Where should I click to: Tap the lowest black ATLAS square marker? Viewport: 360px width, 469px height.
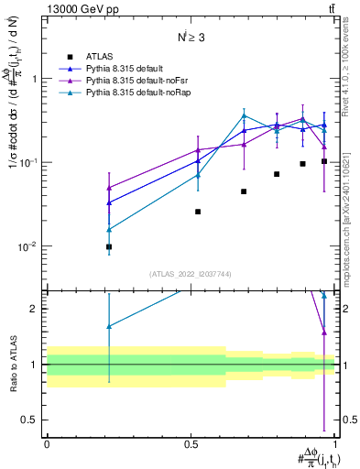[109, 246]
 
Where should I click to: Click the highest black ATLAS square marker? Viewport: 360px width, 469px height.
[324, 161]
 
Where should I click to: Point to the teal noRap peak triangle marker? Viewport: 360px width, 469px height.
[244, 116]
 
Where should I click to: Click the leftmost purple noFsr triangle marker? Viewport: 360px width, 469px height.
[109, 188]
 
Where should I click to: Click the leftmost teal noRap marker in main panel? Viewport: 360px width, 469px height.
[109, 229]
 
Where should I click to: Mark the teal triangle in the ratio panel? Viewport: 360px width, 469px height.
[109, 326]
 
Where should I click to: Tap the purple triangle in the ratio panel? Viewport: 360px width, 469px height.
[324, 332]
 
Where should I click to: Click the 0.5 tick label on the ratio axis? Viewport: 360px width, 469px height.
[33, 420]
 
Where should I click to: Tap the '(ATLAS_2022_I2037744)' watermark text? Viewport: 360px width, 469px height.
[191, 274]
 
